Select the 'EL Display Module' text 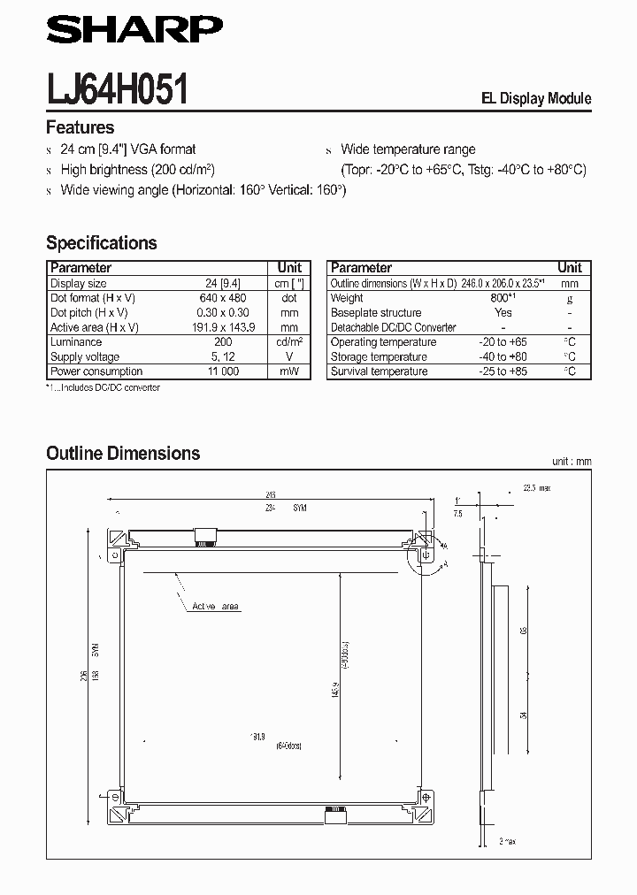[x=535, y=99]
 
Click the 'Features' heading [x=80, y=127]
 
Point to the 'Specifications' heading [x=101, y=242]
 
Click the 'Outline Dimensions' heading [x=123, y=453]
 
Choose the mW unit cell [x=289, y=371]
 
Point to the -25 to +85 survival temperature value [x=503, y=371]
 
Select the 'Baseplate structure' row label [x=376, y=312]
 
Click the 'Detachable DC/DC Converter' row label [x=393, y=327]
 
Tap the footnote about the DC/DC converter [x=103, y=387]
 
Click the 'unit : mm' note [x=570, y=462]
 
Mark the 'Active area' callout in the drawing [x=215, y=607]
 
